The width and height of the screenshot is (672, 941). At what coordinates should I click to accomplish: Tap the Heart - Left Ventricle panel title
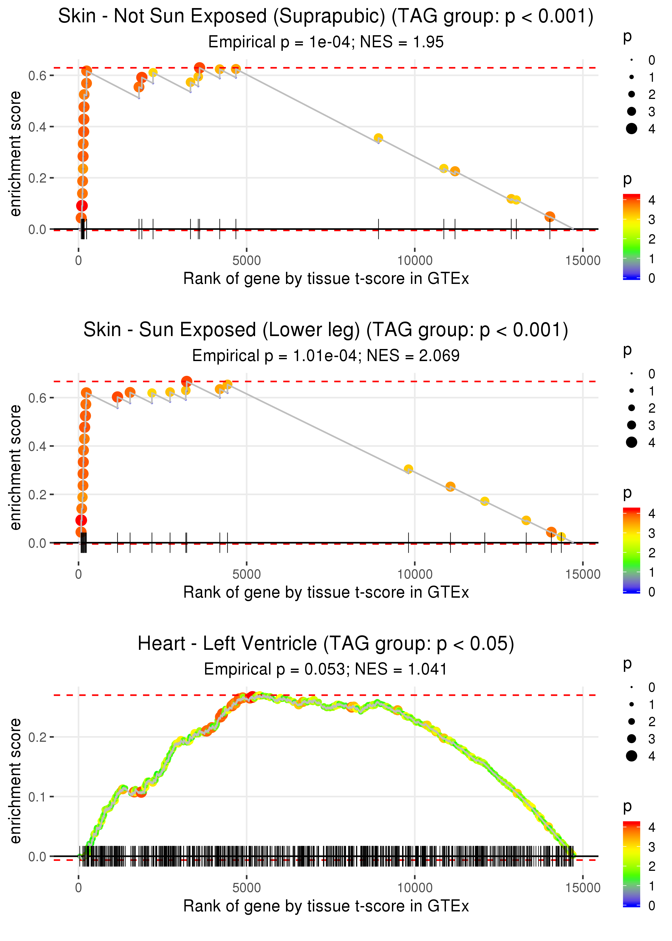point(326,644)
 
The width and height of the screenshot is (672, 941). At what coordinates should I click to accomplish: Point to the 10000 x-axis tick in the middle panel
point(414,574)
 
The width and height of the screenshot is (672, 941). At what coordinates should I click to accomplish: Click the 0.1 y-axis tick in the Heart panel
point(37,797)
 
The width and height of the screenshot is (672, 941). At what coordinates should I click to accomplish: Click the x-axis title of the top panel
point(326,279)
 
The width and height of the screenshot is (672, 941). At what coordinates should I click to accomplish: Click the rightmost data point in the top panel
point(549,216)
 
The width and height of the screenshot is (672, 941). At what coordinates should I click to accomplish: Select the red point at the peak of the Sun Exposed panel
point(187,381)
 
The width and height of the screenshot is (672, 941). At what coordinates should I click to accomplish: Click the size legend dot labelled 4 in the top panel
point(631,129)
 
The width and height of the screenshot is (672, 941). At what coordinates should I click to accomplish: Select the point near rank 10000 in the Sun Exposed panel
point(408,469)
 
